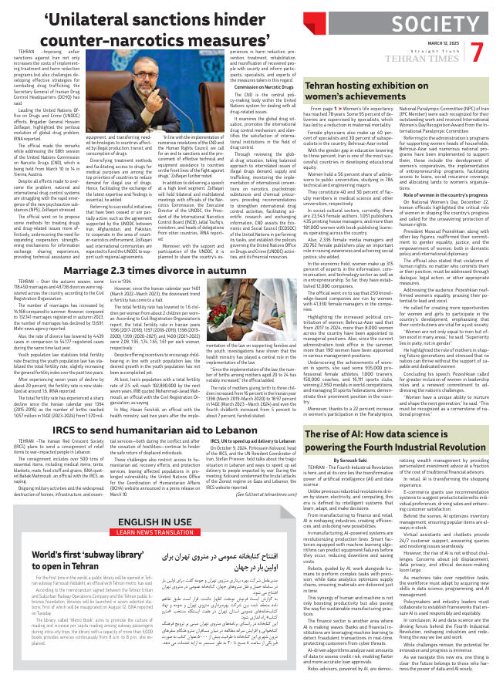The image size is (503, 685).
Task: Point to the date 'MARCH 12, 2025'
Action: [x=438, y=42]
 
